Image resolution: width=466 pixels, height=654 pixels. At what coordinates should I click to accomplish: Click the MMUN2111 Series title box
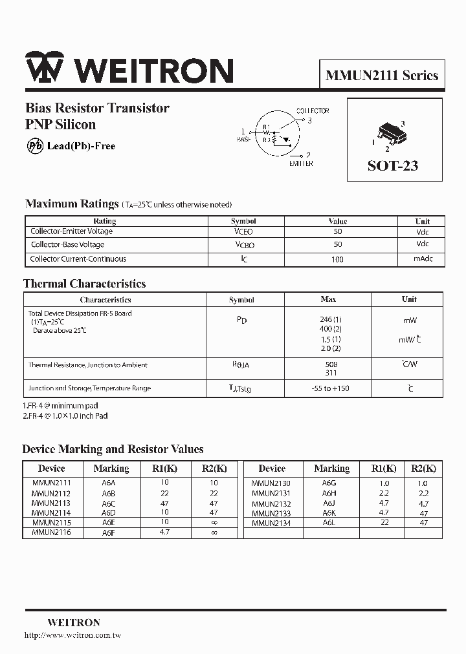tap(381, 75)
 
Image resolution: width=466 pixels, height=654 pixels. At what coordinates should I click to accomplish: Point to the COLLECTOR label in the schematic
tap(313, 111)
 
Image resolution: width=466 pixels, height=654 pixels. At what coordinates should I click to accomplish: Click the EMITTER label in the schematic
tap(301, 163)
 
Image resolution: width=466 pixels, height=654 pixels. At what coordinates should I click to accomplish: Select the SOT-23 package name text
tap(393, 166)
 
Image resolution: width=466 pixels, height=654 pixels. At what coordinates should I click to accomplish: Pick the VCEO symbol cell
tap(243, 231)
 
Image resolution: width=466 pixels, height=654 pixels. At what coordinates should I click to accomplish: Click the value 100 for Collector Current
tap(337, 259)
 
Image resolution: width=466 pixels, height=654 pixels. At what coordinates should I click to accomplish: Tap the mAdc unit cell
tap(423, 259)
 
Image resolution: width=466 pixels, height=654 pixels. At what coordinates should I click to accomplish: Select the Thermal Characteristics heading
tap(84, 284)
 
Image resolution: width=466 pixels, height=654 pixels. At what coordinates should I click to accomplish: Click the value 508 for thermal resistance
tap(331, 364)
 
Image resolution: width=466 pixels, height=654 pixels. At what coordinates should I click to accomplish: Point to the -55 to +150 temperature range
tap(331, 388)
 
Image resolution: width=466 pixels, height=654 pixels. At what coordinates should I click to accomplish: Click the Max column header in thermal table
tap(328, 299)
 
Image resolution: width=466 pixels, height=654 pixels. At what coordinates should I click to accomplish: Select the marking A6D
tap(109, 512)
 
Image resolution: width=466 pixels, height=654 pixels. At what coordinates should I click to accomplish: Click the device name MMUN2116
tap(51, 533)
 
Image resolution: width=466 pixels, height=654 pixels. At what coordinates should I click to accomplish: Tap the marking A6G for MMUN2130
tap(329, 483)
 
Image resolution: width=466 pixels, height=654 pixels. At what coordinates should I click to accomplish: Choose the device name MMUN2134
tap(271, 523)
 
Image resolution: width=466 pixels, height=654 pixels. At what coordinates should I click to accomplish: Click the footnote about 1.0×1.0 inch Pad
tap(65, 416)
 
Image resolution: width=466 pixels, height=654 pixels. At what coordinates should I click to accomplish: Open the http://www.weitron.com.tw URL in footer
tap(72, 636)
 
